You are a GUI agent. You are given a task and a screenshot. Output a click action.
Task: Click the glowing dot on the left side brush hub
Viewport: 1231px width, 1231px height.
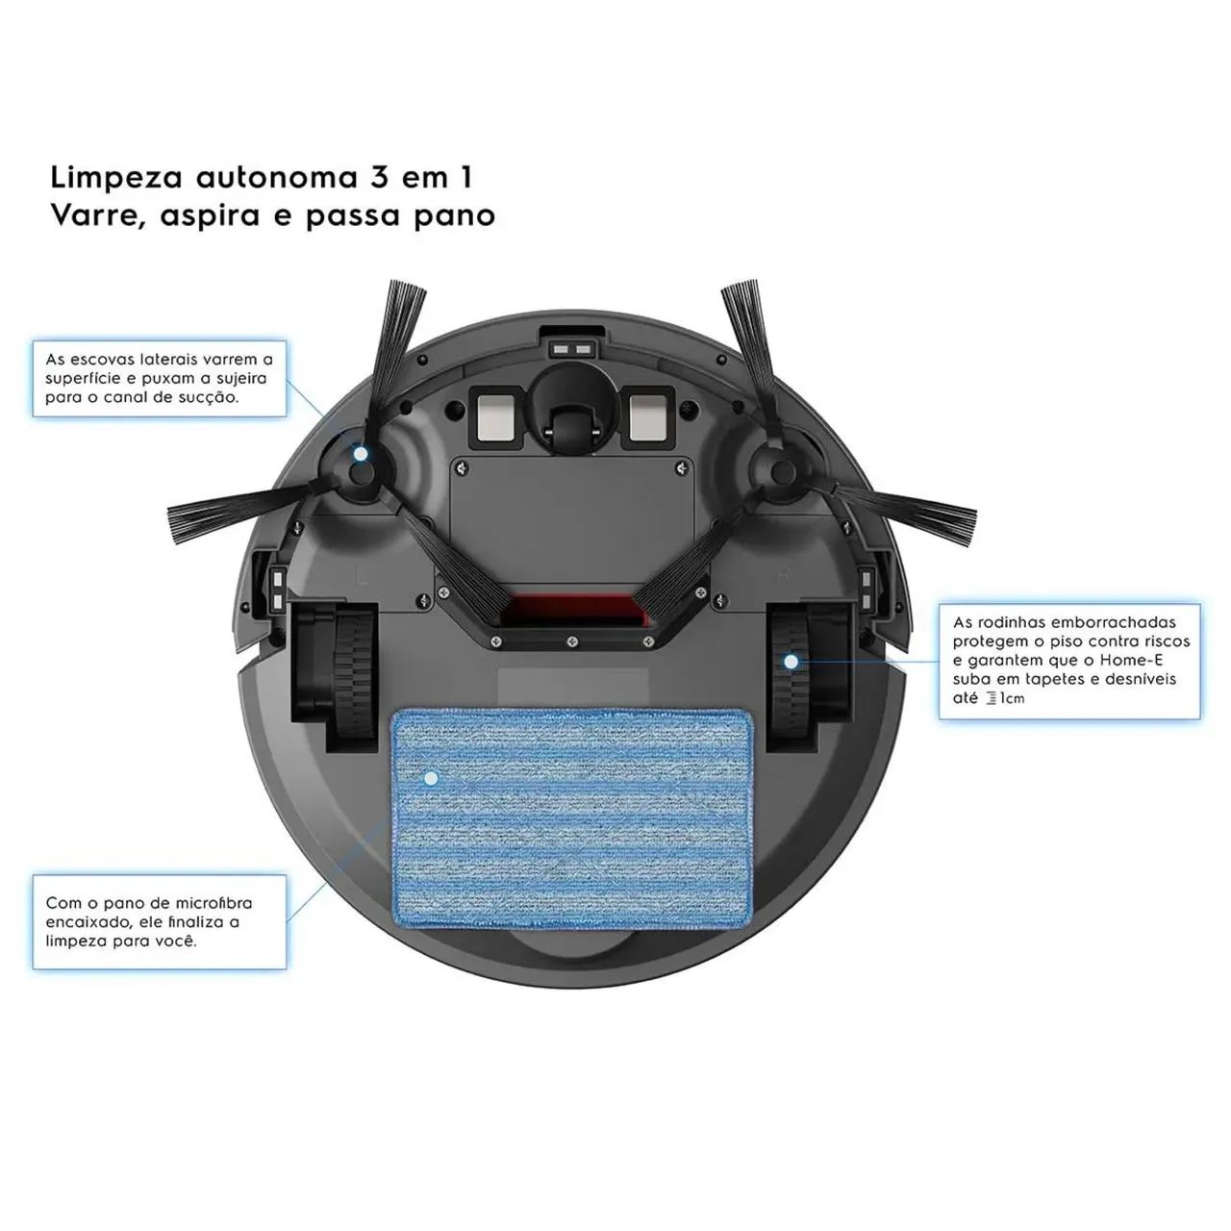pyautogui.click(x=361, y=454)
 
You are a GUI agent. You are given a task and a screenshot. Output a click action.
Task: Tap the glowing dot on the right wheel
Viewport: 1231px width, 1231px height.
pyautogui.click(x=791, y=662)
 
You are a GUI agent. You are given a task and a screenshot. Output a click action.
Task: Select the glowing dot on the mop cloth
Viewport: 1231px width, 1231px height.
pyautogui.click(x=431, y=778)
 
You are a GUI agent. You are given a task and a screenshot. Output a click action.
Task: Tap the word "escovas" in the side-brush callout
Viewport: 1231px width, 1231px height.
pyautogui.click(x=100, y=359)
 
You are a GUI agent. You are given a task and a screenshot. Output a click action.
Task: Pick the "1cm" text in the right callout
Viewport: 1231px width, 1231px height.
pyautogui.click(x=1012, y=699)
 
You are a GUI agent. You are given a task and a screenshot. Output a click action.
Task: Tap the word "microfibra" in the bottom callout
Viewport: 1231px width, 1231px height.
pyautogui.click(x=214, y=903)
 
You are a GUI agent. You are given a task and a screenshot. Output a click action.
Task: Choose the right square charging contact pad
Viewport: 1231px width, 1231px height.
pyautogui.click(x=650, y=416)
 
